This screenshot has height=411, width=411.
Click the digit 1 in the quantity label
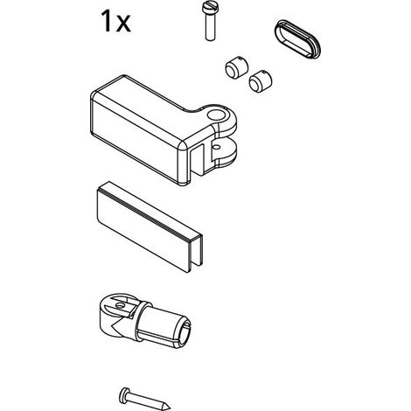[106, 21]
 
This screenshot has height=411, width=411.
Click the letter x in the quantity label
[123, 24]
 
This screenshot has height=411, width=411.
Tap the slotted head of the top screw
[210, 8]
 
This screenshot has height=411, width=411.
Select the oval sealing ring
[297, 38]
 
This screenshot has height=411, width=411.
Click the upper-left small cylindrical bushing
[236, 66]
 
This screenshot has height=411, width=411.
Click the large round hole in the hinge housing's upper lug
[216, 115]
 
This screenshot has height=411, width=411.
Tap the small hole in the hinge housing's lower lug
[216, 147]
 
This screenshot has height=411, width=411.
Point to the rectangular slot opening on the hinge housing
[198, 160]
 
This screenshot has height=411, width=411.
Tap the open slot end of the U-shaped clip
[195, 253]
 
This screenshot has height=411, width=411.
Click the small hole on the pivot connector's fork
[118, 305]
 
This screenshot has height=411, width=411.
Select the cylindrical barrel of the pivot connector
[164, 325]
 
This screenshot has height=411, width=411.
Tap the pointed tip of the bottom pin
[170, 408]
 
